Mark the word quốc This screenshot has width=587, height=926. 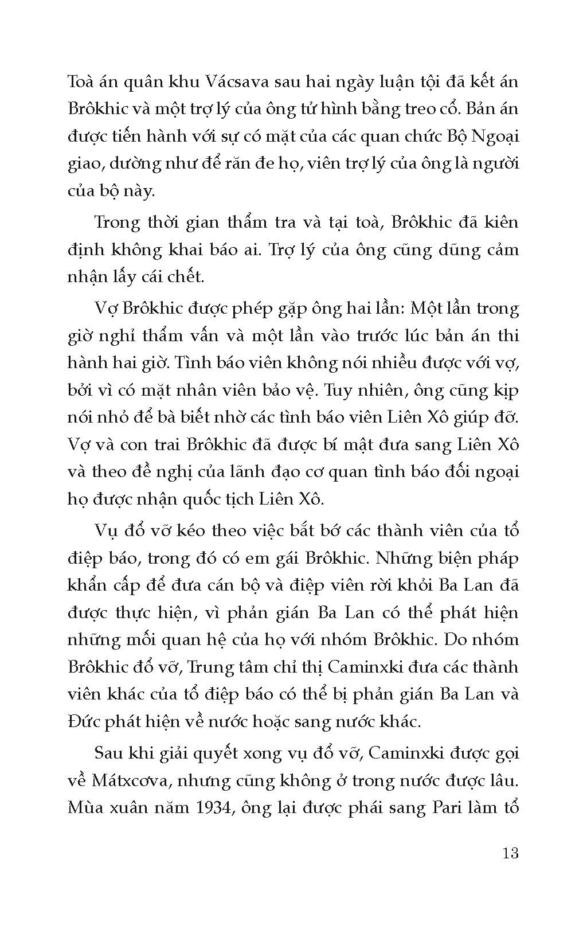pyautogui.click(x=216, y=499)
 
